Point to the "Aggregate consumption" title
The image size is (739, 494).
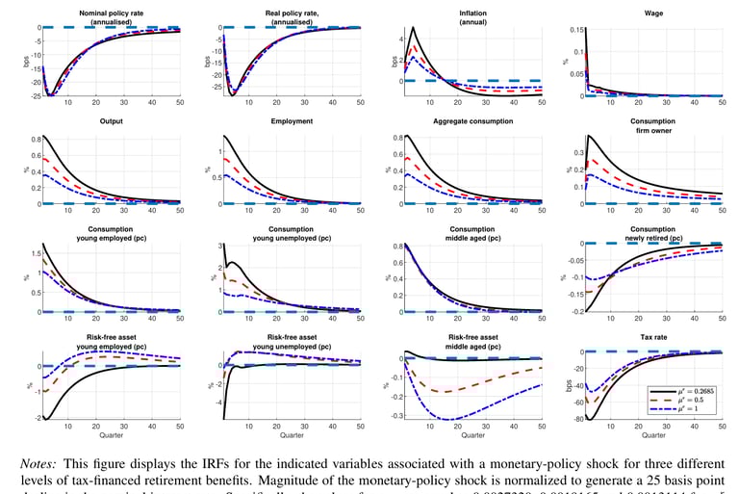[460, 121]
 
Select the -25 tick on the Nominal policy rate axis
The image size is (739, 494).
[31, 95]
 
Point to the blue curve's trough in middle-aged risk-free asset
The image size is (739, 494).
[445, 419]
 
